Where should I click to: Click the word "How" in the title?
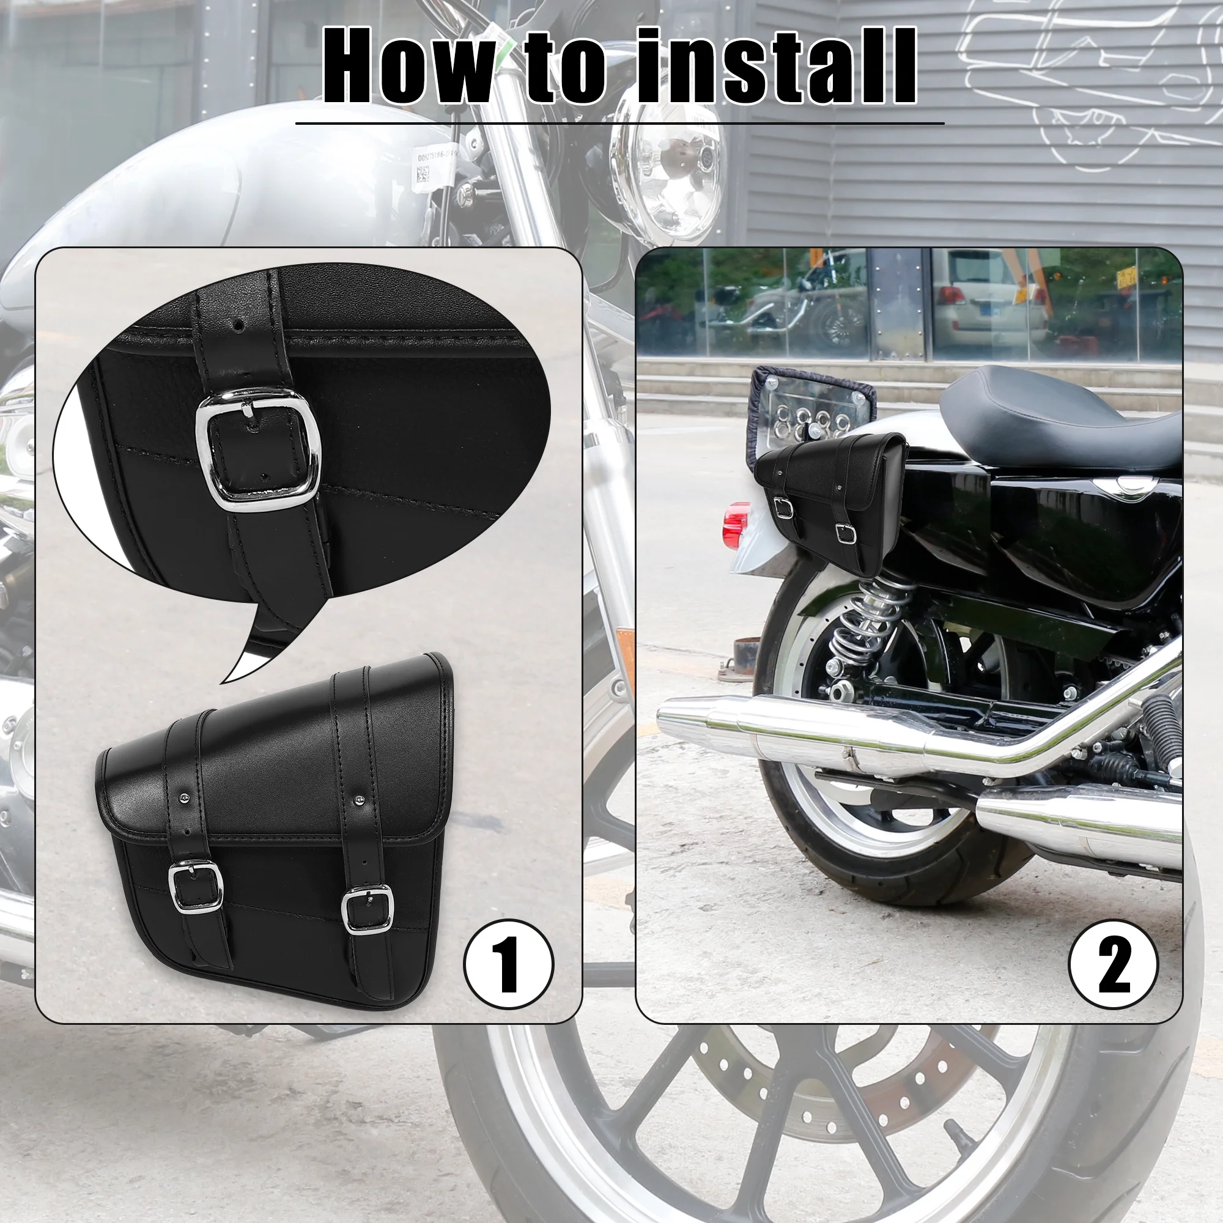(x=408, y=66)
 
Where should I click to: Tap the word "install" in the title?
(x=776, y=66)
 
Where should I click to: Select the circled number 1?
(x=508, y=965)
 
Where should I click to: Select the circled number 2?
(x=1113, y=965)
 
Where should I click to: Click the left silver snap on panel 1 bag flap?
(x=183, y=799)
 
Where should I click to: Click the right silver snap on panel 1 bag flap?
(x=359, y=802)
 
